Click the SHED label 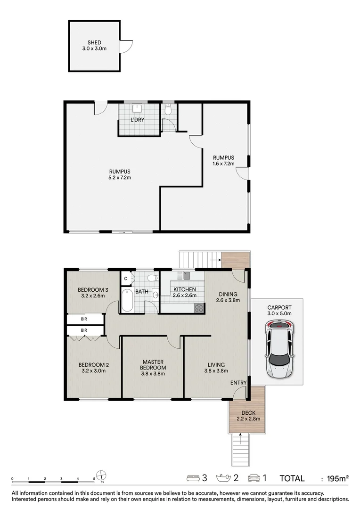click(94, 42)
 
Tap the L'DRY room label click(137, 120)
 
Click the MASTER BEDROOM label click(153, 364)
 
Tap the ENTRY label click(238, 383)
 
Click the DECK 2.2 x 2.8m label click(248, 416)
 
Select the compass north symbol click(102, 475)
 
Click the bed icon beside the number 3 click(193, 478)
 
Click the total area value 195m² click(338, 478)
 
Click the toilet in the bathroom click(152, 278)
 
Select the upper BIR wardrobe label click(84, 319)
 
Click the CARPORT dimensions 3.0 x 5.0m click(279, 313)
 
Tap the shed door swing click(126, 46)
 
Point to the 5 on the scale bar click(94, 478)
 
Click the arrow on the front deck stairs click(240, 438)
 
